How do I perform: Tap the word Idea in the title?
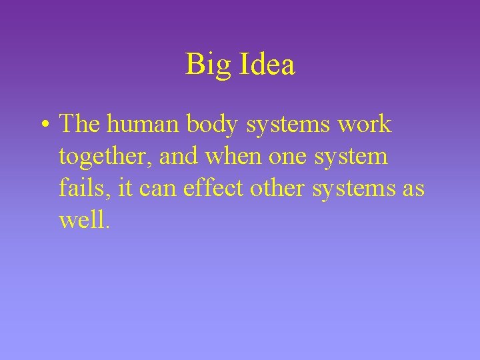click(265, 65)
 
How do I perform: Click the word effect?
click(213, 187)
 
